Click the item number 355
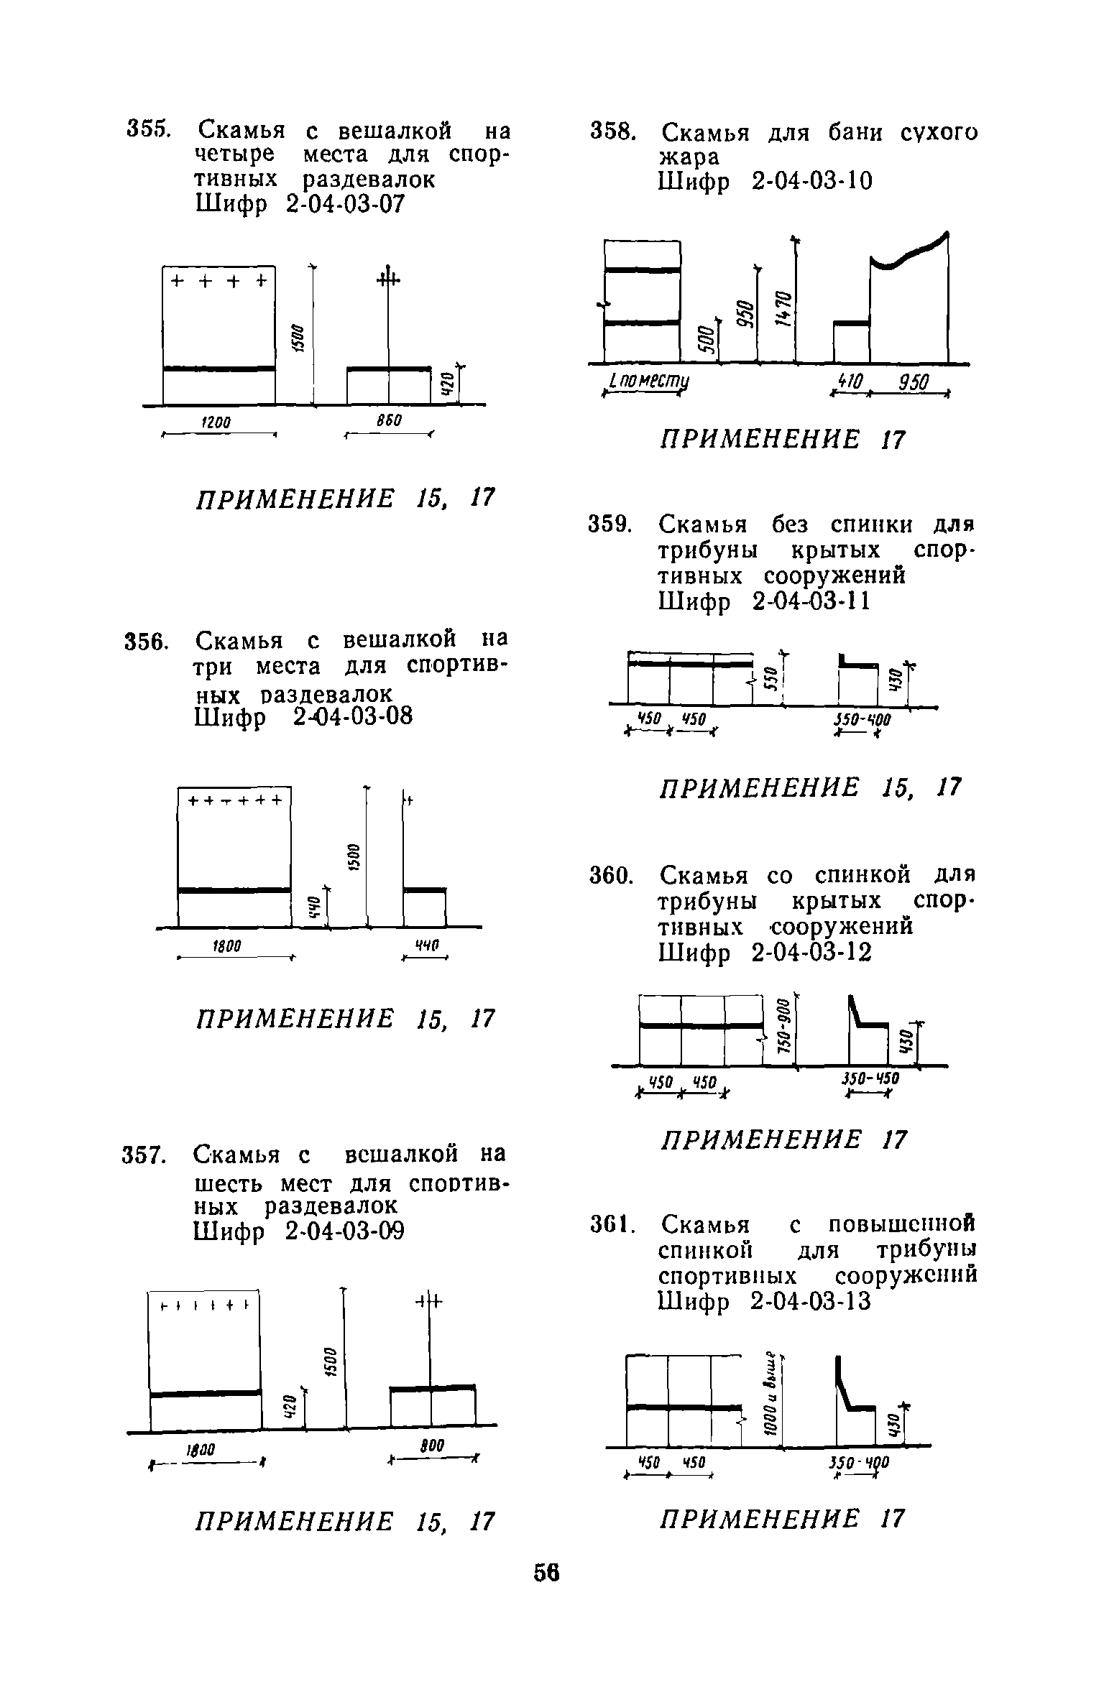pyautogui.click(x=147, y=130)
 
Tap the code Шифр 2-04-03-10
pyautogui.click(x=765, y=182)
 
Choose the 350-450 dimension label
pyautogui.click(x=870, y=1079)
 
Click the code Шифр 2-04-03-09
pyautogui.click(x=299, y=1231)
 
